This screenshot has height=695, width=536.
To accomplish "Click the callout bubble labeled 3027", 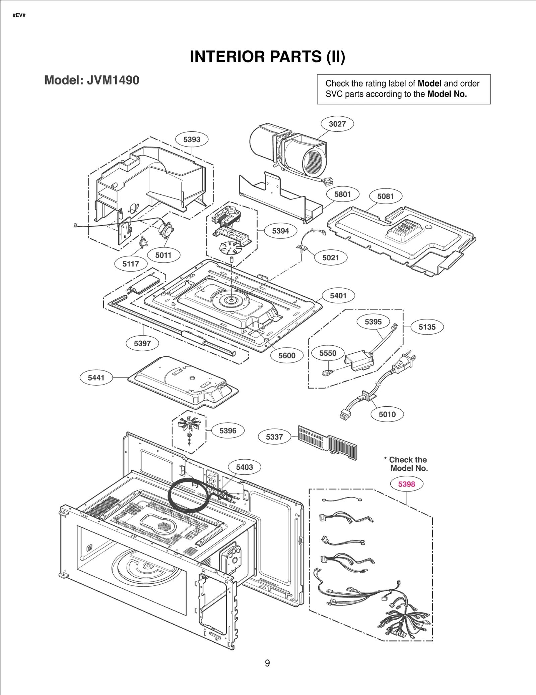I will (x=337, y=124).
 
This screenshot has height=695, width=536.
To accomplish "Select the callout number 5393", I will (x=192, y=139).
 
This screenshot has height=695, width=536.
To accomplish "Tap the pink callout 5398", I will (x=406, y=484).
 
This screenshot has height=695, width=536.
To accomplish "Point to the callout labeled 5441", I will (x=96, y=378).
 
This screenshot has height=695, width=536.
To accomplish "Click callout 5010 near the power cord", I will (x=387, y=414).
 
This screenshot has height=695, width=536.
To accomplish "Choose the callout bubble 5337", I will (x=274, y=437).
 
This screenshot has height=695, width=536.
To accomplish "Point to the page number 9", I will (x=267, y=663).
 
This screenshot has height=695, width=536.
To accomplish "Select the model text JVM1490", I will (x=113, y=80).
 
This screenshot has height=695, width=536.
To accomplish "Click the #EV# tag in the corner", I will (x=19, y=16).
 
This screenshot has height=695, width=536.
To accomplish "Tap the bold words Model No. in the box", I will (x=447, y=94).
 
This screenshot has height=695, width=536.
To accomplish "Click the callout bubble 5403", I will (x=244, y=467).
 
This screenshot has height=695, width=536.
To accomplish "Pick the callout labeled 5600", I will (x=287, y=355).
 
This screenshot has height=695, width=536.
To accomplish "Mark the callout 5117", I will (x=131, y=264).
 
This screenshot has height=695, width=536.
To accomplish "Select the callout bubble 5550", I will (x=328, y=353).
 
